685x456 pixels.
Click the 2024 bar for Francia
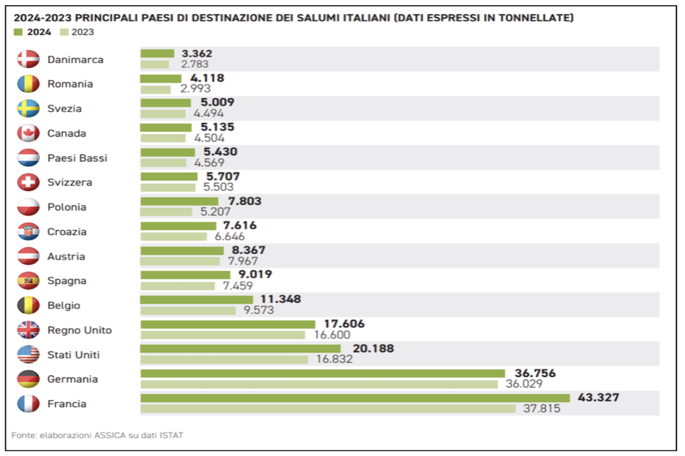click(354, 398)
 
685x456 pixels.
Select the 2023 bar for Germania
click(319, 384)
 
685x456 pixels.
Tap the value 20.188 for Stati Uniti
click(372, 348)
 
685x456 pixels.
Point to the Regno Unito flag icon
click(28, 330)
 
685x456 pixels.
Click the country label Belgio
click(63, 306)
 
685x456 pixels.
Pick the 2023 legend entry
click(76, 32)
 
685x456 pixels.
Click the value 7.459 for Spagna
click(237, 286)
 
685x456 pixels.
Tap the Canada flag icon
click(28, 133)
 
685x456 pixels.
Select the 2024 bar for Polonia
click(179, 201)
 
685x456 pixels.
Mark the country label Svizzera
click(70, 182)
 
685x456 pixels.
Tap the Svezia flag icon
click(28, 108)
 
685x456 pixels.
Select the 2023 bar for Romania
click(155, 89)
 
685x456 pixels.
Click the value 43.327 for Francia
click(597, 397)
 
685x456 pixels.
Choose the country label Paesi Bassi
click(77, 158)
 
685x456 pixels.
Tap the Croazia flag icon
click(28, 231)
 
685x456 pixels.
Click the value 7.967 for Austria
click(241, 261)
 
